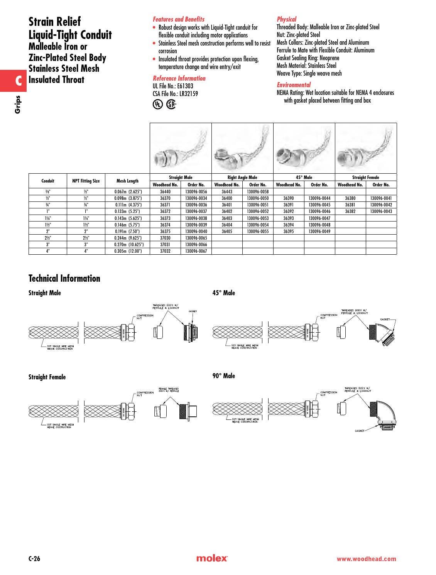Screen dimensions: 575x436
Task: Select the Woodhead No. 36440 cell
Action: (165, 191)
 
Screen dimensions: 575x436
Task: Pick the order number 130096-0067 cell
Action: (196, 251)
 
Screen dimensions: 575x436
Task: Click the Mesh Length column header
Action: (127, 181)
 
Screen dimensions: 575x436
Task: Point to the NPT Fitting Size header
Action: (86, 181)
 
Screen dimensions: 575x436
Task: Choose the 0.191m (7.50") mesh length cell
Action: (127, 232)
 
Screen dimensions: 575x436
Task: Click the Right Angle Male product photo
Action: (242, 148)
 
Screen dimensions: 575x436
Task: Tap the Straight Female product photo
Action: (366, 148)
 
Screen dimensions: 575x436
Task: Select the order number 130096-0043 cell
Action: (381, 211)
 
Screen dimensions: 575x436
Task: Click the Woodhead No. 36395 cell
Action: (289, 232)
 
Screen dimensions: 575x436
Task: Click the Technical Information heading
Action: (64, 279)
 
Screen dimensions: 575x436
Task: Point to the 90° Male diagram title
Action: (223, 376)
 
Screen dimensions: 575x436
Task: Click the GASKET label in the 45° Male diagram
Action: (385, 320)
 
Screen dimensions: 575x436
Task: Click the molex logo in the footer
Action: (212, 559)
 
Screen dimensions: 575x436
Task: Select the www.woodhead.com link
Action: (366, 559)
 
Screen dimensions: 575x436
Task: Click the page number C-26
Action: (34, 559)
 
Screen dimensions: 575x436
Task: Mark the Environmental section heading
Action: (294, 85)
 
